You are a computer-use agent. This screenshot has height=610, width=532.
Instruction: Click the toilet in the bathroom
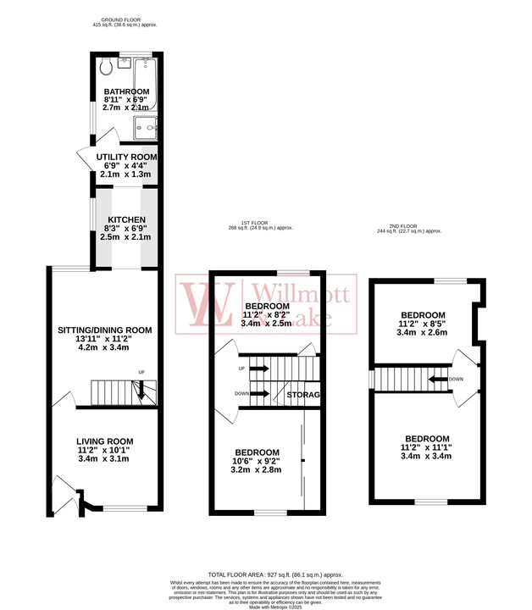(x=105, y=68)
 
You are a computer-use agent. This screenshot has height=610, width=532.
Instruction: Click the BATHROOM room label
(x=126, y=91)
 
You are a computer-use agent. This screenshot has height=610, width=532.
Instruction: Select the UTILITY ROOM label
(x=126, y=158)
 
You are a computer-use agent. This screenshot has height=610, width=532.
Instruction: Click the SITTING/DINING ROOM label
(x=104, y=330)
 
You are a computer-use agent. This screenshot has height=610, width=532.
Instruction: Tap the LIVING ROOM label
(x=104, y=441)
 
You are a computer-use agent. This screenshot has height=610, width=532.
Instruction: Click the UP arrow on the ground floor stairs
(x=140, y=389)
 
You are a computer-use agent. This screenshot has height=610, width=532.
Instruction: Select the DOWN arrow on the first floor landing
(x=259, y=394)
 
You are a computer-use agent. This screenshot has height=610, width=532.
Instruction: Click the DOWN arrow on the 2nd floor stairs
(x=439, y=379)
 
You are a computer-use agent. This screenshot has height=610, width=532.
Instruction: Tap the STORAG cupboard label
(x=303, y=395)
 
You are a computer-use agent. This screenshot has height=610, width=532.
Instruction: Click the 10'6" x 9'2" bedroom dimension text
(x=258, y=462)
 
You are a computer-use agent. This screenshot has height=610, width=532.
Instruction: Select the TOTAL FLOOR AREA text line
(x=265, y=574)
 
